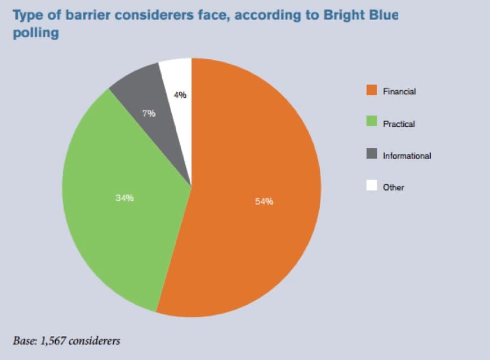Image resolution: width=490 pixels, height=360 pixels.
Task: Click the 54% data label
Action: [264, 202]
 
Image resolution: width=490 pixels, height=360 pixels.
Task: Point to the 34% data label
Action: [124, 198]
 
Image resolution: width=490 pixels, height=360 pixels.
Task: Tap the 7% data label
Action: [149, 113]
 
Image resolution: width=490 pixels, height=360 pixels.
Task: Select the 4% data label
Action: [180, 95]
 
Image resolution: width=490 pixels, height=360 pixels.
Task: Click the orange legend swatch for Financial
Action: [372, 90]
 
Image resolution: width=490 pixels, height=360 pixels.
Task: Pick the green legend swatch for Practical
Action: [372, 121]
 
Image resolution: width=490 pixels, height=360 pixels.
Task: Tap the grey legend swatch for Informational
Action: [372, 153]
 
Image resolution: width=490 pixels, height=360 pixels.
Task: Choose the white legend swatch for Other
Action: [372, 185]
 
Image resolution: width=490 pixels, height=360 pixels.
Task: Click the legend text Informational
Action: [407, 155]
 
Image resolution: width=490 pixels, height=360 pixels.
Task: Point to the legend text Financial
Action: [399, 91]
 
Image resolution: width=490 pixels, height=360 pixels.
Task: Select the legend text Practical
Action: [399, 124]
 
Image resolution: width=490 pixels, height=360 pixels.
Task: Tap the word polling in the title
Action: [35, 33]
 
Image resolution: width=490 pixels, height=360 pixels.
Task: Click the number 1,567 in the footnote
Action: [52, 341]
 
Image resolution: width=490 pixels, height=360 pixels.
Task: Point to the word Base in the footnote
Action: [25, 340]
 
